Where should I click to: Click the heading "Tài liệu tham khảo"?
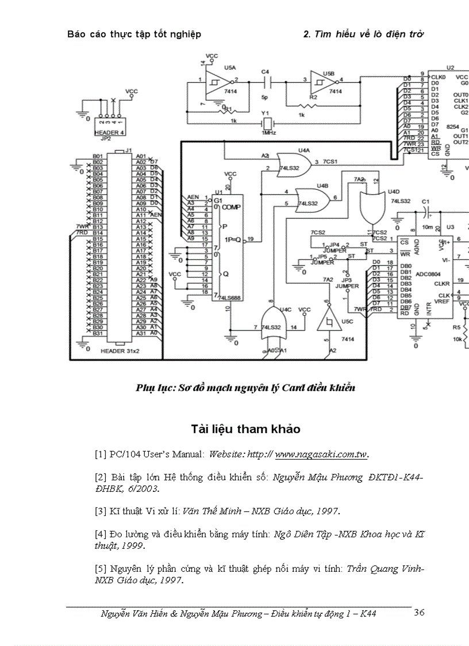click(245, 429)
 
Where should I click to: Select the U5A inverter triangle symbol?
click(216, 82)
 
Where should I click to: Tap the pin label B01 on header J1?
click(98, 156)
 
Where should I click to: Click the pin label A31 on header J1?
click(140, 334)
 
